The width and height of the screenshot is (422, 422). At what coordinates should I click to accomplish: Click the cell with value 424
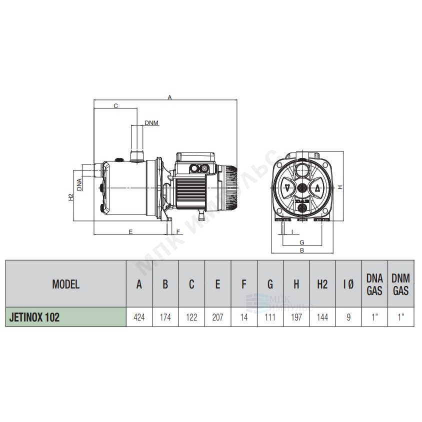tap(139, 317)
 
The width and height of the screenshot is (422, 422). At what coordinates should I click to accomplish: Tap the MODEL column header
tap(66, 284)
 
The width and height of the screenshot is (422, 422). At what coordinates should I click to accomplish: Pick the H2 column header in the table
tap(322, 284)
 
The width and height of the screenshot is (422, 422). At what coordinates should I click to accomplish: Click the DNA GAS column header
tap(374, 284)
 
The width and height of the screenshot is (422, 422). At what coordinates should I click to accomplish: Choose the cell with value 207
tap(217, 317)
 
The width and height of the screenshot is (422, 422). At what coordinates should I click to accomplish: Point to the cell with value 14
tap(244, 317)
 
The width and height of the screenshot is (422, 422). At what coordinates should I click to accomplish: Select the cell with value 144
tap(322, 317)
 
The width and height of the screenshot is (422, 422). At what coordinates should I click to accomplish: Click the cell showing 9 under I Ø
tap(348, 317)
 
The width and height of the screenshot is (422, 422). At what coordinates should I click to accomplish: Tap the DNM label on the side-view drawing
tap(151, 123)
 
